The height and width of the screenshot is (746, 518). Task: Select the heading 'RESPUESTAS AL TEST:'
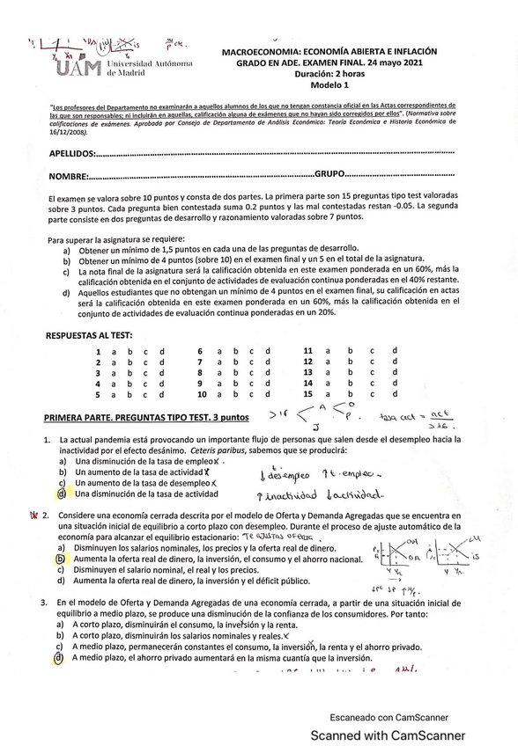pyautogui.click(x=89, y=335)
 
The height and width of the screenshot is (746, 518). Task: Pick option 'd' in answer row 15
pyautogui.click(x=395, y=394)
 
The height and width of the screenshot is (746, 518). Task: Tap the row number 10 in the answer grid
pyautogui.click(x=201, y=394)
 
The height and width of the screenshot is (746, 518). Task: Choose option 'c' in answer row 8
pyautogui.click(x=250, y=373)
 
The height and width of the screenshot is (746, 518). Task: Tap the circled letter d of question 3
pyautogui.click(x=59, y=657)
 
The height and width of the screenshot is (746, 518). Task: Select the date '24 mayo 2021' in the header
pyautogui.click(x=396, y=63)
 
